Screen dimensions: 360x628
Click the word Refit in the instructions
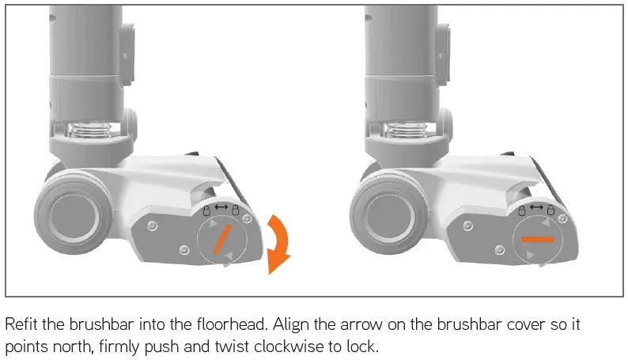21,326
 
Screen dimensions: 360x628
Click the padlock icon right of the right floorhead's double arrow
549,211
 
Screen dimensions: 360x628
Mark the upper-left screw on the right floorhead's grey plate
475,225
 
